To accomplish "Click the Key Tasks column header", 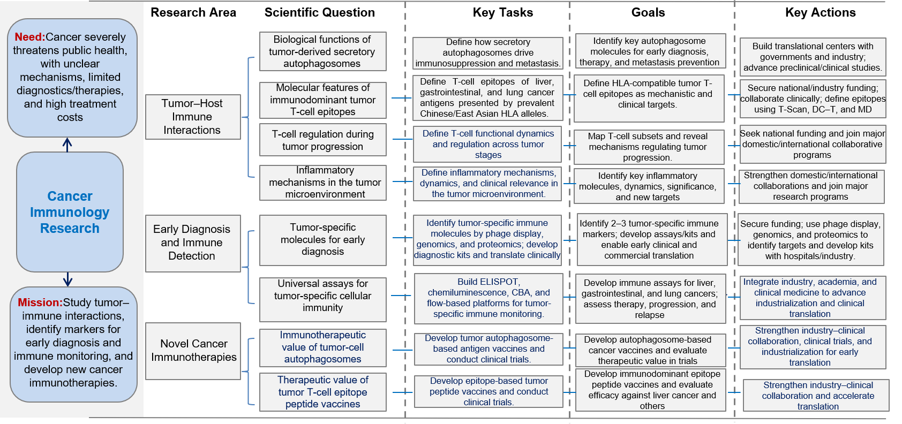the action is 502,12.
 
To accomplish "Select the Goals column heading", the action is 648,12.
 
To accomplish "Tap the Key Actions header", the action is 820,12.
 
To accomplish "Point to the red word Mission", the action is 40,302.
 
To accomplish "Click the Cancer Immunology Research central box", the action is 70,212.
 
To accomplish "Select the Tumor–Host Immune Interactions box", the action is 193,117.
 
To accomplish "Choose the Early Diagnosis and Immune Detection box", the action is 193,243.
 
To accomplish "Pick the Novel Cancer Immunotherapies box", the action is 193,351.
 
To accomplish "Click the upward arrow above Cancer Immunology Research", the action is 67,145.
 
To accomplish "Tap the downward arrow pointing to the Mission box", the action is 67,279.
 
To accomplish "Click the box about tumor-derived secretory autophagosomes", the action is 322,51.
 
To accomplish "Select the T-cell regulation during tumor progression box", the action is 322,140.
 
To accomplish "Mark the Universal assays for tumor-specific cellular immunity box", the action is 322,299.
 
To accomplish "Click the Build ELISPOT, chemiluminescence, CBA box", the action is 488,298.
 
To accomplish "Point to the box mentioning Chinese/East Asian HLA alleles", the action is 487,97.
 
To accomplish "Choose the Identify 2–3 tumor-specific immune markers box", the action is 652,240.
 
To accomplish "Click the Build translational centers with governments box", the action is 813,57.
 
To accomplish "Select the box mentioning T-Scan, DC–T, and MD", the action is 813,99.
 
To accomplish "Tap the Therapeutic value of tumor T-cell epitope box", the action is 322,392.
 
